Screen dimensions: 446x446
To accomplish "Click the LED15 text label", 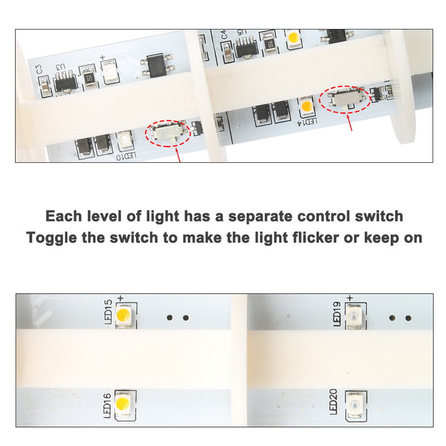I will tap(108, 312).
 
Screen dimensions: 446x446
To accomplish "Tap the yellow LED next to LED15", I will tap(124, 316).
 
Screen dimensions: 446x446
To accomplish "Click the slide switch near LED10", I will tap(168, 132).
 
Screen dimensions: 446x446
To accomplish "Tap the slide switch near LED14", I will tap(344, 99).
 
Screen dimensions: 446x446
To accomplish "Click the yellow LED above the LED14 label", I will tap(306, 105).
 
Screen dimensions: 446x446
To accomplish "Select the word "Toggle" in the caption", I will tap(52, 238).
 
